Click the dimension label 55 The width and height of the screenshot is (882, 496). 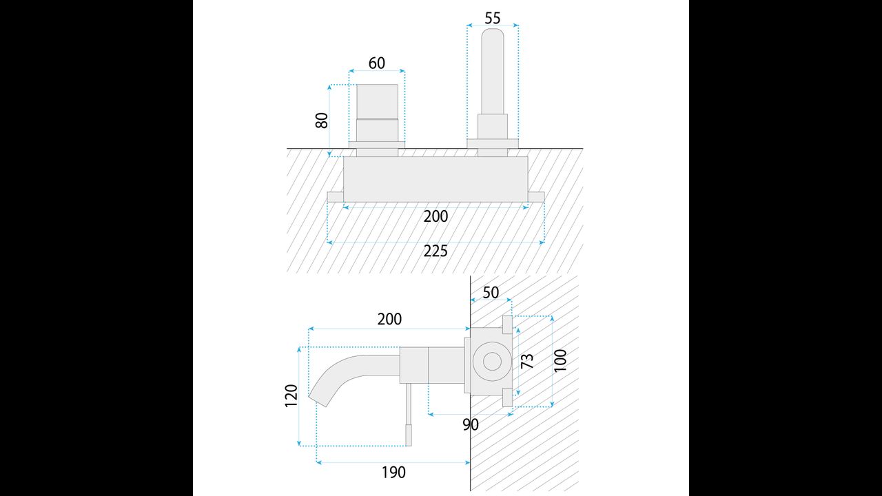(x=492, y=18)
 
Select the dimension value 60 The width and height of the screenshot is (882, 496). (x=377, y=63)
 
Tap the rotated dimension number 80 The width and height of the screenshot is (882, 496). (x=322, y=121)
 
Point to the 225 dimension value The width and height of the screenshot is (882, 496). (x=435, y=251)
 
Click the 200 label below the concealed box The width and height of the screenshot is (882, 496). (x=435, y=216)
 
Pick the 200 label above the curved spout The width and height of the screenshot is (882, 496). (x=389, y=319)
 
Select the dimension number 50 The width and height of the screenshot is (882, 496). (x=491, y=293)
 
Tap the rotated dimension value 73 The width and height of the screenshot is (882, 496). (x=527, y=361)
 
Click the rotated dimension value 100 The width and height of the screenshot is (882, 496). (x=560, y=360)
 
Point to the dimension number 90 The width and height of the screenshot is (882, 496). (x=471, y=425)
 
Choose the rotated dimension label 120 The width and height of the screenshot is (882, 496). (x=291, y=395)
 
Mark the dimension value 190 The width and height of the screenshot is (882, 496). (x=393, y=472)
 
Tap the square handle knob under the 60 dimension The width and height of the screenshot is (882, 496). (x=377, y=101)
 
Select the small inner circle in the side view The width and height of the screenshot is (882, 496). (x=492, y=362)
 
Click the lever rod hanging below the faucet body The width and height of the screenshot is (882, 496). (x=409, y=415)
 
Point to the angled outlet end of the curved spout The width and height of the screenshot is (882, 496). (x=319, y=399)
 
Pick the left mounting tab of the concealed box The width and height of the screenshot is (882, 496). (x=336, y=197)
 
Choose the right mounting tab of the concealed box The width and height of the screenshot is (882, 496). (x=536, y=197)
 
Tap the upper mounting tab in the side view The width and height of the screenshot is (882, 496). (x=508, y=324)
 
